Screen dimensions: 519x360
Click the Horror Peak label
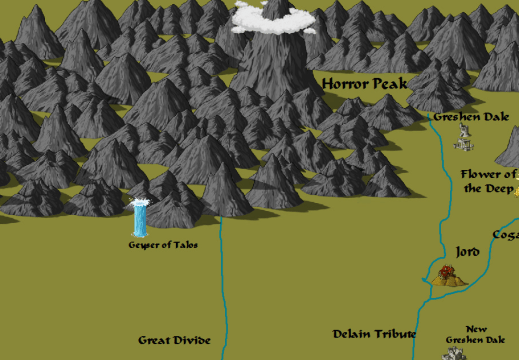365,84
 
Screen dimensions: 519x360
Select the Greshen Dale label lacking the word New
470,117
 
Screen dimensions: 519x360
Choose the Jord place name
467,251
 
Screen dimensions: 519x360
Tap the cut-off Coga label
506,236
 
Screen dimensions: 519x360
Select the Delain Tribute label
374,334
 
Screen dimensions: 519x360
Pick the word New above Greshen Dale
477,328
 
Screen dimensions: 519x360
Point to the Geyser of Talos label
156,245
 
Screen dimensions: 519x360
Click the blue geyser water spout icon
140,218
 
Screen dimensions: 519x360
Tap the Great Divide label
175,341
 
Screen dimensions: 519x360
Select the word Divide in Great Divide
193,341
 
